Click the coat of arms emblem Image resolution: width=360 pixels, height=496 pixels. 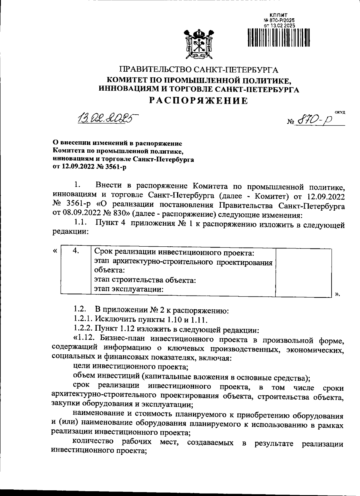point(198,44)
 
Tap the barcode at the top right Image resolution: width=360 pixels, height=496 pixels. point(278,38)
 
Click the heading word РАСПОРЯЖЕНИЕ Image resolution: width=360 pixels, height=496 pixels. point(199,101)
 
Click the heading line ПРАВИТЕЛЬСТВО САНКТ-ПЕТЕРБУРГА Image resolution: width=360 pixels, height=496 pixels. point(199,70)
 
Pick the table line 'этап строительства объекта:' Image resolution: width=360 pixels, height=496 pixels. point(145,280)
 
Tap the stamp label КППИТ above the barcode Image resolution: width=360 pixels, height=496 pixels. point(278,14)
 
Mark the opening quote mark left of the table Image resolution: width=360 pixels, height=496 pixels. point(55,251)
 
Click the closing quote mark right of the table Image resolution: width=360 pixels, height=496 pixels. point(337,294)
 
